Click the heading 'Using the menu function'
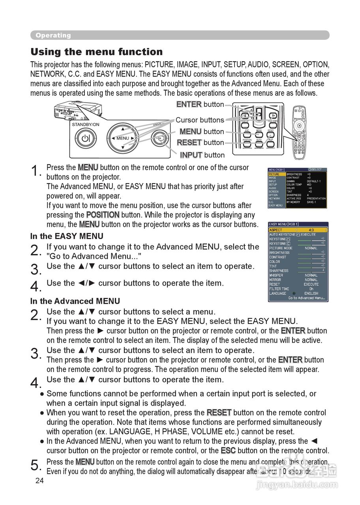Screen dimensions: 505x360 click(96, 52)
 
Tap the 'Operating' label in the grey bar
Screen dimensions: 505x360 click(53, 36)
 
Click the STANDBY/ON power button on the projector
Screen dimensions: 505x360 click(86, 138)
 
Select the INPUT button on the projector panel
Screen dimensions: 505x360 click(159, 138)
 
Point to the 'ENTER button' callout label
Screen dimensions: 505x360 click(200, 105)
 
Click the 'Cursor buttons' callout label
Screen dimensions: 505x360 click(200, 120)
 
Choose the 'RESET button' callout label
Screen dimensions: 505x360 click(201, 142)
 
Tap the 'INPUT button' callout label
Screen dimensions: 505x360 click(202, 155)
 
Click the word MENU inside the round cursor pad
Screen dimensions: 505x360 click(123, 138)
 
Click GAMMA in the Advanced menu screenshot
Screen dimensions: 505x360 click(291, 181)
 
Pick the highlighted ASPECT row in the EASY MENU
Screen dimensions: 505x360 click(298, 230)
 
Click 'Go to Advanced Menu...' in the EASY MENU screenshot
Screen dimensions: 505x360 click(306, 298)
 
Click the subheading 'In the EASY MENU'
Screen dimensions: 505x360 click(67, 236)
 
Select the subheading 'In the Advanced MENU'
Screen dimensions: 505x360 click(75, 301)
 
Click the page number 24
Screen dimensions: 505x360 click(39, 481)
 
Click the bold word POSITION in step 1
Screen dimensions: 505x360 click(103, 215)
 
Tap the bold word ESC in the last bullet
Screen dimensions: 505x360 click(228, 451)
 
